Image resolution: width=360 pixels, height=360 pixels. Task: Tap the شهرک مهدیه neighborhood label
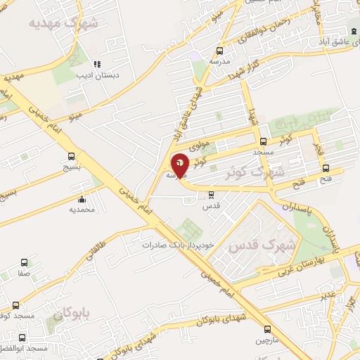pyautogui.click(x=64, y=22)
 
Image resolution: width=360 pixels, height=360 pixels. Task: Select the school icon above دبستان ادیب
pyautogui.click(x=97, y=63)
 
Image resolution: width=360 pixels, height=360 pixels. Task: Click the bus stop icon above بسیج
pyautogui.click(x=71, y=157)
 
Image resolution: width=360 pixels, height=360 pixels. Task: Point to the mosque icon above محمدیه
pyautogui.click(x=82, y=199)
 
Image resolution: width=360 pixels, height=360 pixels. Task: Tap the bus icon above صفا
pyautogui.click(x=25, y=262)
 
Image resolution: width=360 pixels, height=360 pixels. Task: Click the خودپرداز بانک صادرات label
pyautogui.click(x=176, y=245)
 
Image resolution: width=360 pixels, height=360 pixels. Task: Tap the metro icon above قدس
pyautogui.click(x=212, y=195)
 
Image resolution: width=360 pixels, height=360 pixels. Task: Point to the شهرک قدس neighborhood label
pyautogui.click(x=271, y=245)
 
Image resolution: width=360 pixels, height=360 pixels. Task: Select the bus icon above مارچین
pyautogui.click(x=267, y=329)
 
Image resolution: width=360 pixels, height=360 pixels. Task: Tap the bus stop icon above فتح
pyautogui.click(x=325, y=168)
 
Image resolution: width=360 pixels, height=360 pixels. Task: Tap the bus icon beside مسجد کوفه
pyautogui.click(x=15, y=305)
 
